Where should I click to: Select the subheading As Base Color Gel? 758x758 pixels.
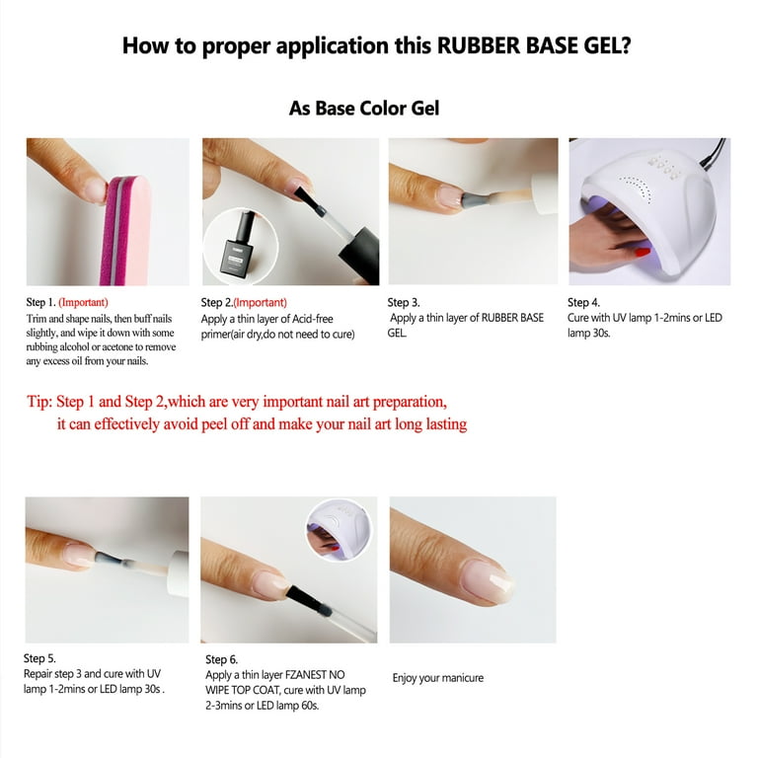tap(363, 108)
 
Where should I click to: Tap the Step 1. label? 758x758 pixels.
tap(40, 302)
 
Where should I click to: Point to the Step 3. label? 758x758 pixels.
tap(404, 302)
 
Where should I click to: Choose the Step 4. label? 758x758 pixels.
tap(584, 302)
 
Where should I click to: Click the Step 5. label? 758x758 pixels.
tap(39, 658)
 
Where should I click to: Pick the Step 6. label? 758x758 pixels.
tap(221, 659)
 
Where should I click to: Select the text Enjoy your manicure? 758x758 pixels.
tap(437, 678)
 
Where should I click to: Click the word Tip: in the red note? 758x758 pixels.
tap(41, 403)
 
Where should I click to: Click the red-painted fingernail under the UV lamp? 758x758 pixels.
tap(642, 253)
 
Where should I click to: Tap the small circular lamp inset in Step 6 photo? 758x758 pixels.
tap(339, 528)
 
